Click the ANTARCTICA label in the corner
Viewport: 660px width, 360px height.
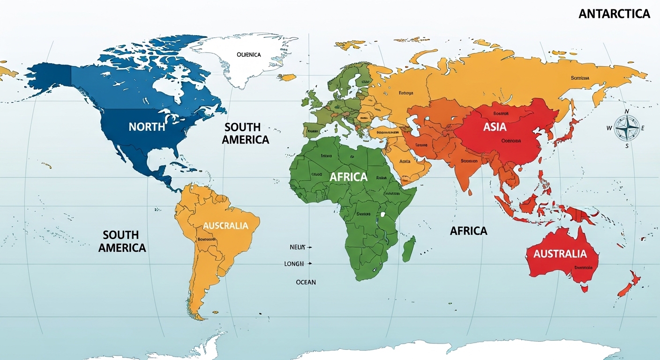pos(614,14)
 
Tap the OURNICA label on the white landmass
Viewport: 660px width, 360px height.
pos(248,55)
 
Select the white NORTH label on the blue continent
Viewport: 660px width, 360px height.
pos(147,127)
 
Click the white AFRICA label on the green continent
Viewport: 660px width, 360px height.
pos(348,177)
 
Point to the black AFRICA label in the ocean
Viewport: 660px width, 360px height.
pos(468,231)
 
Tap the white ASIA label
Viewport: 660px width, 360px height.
pos(495,127)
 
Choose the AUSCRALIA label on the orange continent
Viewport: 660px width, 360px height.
pos(225,225)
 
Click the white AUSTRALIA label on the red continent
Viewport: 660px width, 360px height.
pos(560,254)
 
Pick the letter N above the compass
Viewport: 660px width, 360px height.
pos(627,111)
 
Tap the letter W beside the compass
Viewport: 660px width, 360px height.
pos(609,128)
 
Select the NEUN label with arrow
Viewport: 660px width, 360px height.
pos(297,247)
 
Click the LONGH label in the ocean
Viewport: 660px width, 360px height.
pos(294,264)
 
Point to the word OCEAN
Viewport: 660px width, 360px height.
pos(306,282)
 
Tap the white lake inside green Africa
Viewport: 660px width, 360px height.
pos(383,215)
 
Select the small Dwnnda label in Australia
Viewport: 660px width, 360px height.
pos(583,267)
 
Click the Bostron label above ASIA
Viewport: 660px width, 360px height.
pos(502,114)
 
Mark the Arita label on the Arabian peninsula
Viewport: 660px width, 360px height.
pos(405,161)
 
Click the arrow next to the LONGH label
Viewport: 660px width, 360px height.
pos(309,264)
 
